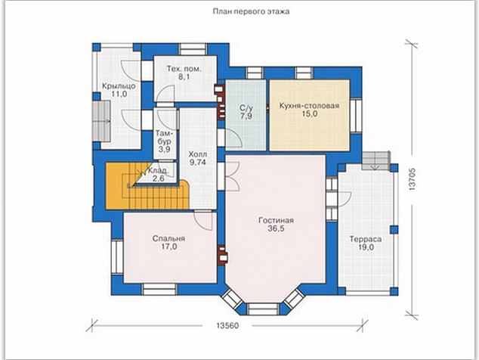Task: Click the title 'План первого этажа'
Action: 251,11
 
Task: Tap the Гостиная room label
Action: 276,221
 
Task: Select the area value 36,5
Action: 276,228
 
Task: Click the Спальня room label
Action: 168,238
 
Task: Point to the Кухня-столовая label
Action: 309,106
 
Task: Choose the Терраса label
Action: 366,239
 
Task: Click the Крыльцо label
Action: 119,86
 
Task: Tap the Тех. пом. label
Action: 184,69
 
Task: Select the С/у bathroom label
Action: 246,108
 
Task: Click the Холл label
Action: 198,154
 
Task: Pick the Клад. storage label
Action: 158,171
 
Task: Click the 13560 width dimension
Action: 227,326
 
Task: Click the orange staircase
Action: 147,186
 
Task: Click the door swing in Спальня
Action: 203,220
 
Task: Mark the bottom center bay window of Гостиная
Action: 263,309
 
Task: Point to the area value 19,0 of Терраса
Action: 366,247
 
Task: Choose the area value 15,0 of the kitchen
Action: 309,113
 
